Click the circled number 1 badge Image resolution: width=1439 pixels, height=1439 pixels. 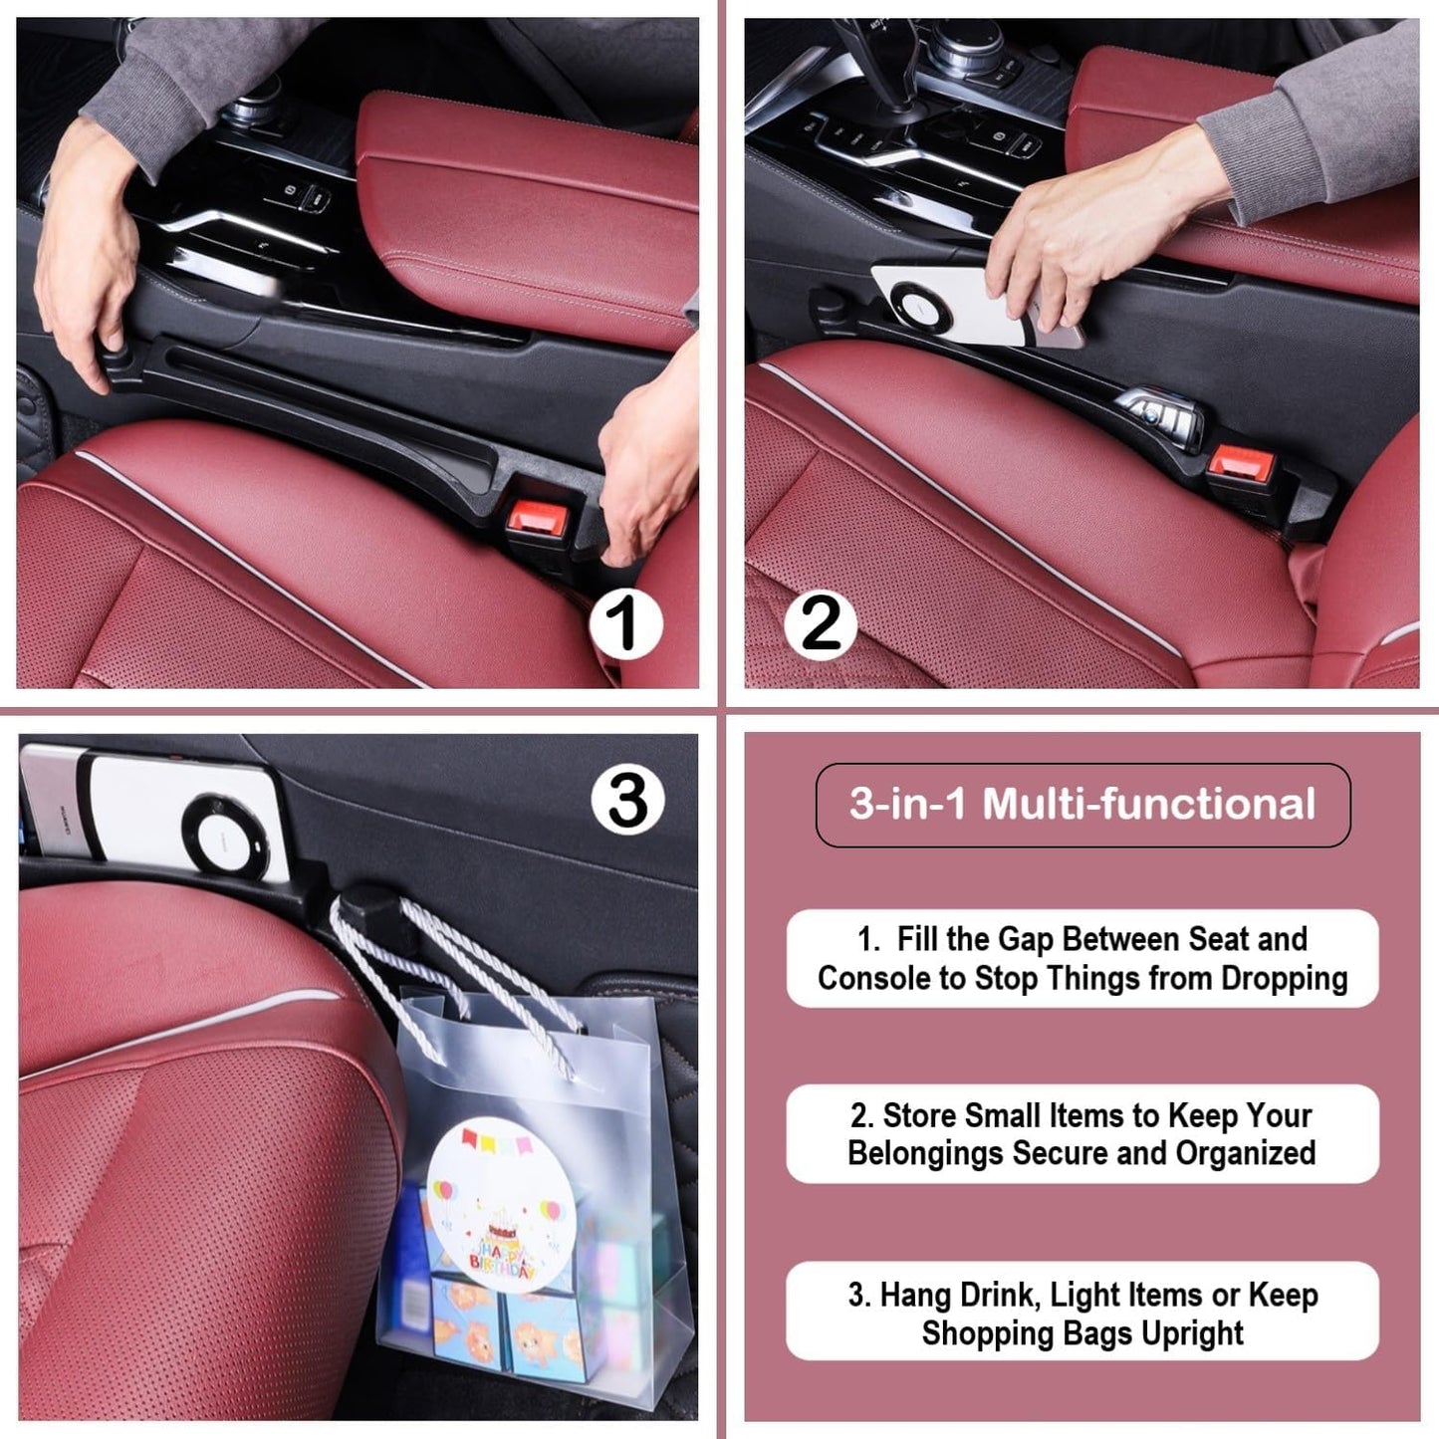point(625,624)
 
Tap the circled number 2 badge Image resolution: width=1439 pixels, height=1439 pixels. point(822,624)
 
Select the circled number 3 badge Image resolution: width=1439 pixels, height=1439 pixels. point(627,800)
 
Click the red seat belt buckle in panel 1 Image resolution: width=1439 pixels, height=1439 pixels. point(537,515)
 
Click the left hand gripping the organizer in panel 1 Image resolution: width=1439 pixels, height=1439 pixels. point(85,254)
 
